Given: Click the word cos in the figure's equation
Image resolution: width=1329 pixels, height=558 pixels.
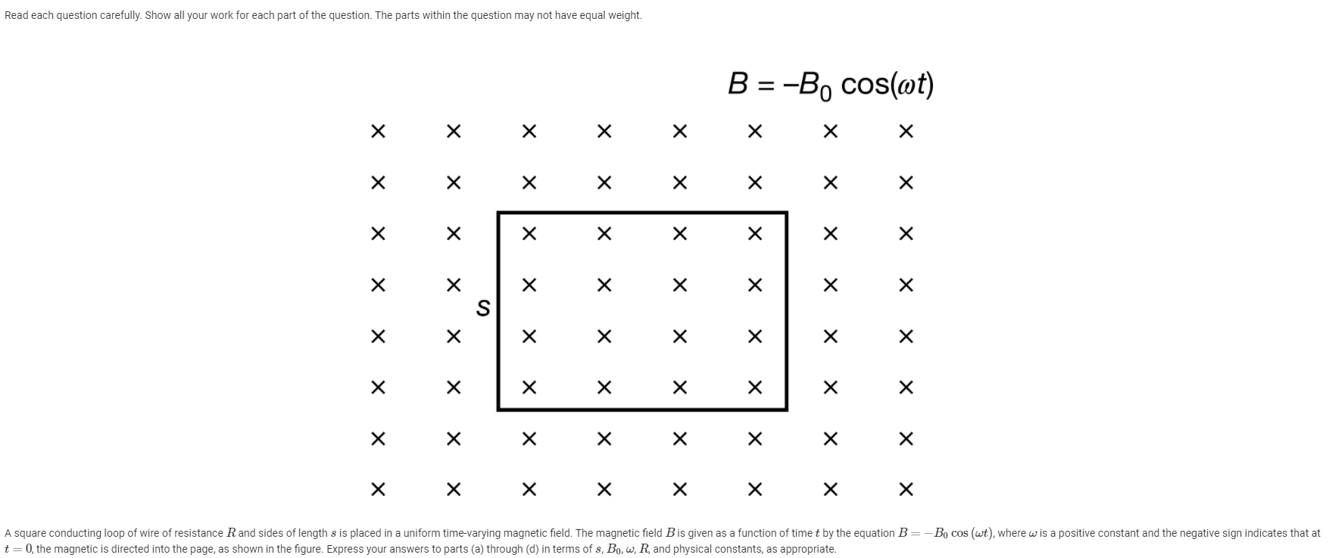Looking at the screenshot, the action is point(865,84).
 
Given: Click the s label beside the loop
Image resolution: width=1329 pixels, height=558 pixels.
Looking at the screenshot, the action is point(482,308).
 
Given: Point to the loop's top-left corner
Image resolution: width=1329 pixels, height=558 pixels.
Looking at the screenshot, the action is point(498,214).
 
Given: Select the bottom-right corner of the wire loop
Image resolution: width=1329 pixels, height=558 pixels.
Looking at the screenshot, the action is point(786,409).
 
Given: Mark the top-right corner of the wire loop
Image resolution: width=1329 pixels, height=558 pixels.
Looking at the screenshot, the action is point(786,214).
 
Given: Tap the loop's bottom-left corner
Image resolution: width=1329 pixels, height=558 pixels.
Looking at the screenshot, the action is point(498,409).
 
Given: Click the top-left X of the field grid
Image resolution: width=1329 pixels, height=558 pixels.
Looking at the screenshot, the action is point(378,132).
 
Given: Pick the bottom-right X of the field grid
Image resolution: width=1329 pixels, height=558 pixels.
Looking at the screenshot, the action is point(906,489).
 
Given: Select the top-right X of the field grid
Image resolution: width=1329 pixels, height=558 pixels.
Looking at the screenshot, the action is point(906,132).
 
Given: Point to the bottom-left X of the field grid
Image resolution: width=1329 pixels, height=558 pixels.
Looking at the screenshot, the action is point(378,489).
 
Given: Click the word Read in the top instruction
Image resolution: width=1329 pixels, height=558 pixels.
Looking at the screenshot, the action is point(16,15).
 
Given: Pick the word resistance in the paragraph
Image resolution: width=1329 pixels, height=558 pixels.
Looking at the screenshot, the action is point(198,533).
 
